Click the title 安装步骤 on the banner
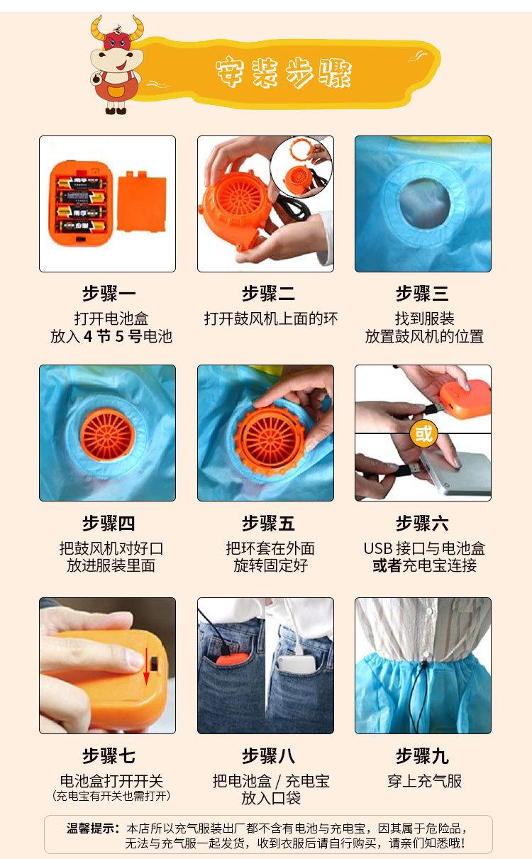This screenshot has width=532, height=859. (x=284, y=74)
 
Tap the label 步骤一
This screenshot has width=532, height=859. (x=109, y=294)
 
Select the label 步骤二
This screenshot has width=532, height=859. (x=268, y=294)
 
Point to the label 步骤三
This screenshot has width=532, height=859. (x=423, y=294)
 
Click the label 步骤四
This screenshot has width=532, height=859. (x=109, y=524)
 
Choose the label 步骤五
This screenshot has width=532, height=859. (x=268, y=524)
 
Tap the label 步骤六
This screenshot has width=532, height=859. (x=423, y=524)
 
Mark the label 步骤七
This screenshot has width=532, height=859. (x=109, y=756)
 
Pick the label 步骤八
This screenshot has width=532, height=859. (x=268, y=756)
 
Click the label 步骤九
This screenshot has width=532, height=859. (x=423, y=756)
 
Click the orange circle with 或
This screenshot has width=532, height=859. (x=423, y=433)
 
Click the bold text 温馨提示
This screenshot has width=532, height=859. (x=93, y=828)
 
